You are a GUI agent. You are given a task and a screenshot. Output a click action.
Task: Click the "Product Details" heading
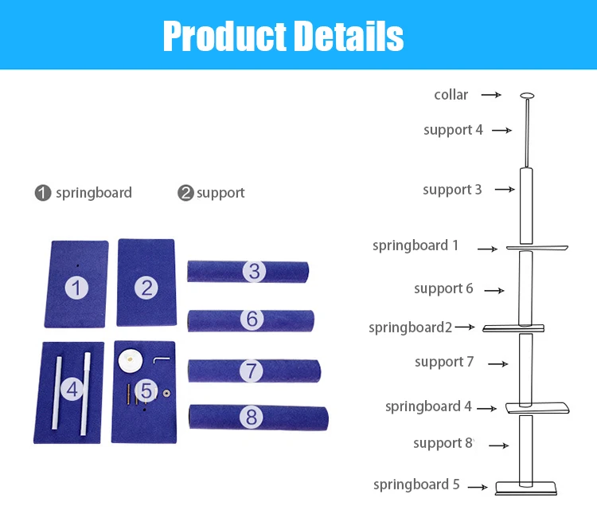coord(283,35)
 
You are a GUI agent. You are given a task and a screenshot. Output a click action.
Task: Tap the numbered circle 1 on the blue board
coord(76,288)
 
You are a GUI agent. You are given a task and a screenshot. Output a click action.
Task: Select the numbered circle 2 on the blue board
coord(146,287)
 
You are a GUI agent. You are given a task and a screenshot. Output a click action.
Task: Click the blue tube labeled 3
coord(248,272)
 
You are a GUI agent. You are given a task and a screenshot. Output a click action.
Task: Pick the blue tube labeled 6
coord(250,320)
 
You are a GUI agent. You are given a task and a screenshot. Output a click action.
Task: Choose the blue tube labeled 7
coord(253,371)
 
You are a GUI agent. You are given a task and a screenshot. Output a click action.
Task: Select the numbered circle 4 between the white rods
coord(72,390)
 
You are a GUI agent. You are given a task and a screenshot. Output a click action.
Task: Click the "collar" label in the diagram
coord(451,95)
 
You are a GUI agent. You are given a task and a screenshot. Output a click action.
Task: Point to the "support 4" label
coord(453,130)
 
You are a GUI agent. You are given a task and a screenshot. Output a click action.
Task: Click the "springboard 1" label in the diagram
coord(416,245)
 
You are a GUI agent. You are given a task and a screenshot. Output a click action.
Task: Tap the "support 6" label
coord(443,288)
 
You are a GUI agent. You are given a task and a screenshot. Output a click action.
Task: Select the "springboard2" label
coord(410,328)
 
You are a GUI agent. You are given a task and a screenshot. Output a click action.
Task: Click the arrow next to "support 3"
coord(505,190)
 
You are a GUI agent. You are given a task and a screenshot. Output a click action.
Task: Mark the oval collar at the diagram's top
coord(526,96)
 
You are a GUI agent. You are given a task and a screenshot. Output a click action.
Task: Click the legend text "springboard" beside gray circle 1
coord(94,193)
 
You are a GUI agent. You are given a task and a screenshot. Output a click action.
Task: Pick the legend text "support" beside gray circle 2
coord(220,193)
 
